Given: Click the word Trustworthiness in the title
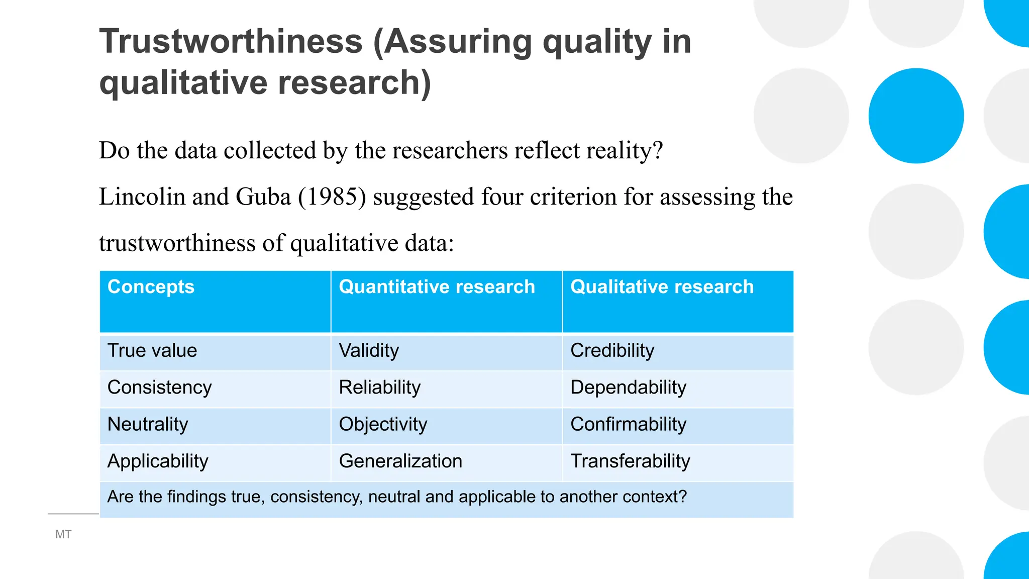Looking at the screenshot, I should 231,41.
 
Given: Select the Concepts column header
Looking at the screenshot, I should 151,286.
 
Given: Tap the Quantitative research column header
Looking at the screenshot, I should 437,286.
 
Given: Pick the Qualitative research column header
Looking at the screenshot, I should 662,286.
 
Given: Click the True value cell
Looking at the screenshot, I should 152,350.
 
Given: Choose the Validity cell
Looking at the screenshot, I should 369,350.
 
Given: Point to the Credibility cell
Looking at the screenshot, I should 612,350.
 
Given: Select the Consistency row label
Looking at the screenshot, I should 159,388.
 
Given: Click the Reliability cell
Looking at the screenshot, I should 379,388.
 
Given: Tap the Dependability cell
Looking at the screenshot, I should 628,388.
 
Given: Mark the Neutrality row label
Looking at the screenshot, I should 148,424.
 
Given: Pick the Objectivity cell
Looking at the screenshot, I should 383,424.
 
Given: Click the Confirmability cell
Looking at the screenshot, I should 628,424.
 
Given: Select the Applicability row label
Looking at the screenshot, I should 158,461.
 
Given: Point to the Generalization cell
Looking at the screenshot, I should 400,461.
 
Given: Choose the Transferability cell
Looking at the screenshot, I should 630,461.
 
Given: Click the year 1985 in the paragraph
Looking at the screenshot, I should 332,197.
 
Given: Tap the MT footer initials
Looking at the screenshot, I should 63,534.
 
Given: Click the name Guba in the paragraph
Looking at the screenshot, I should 263,197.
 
